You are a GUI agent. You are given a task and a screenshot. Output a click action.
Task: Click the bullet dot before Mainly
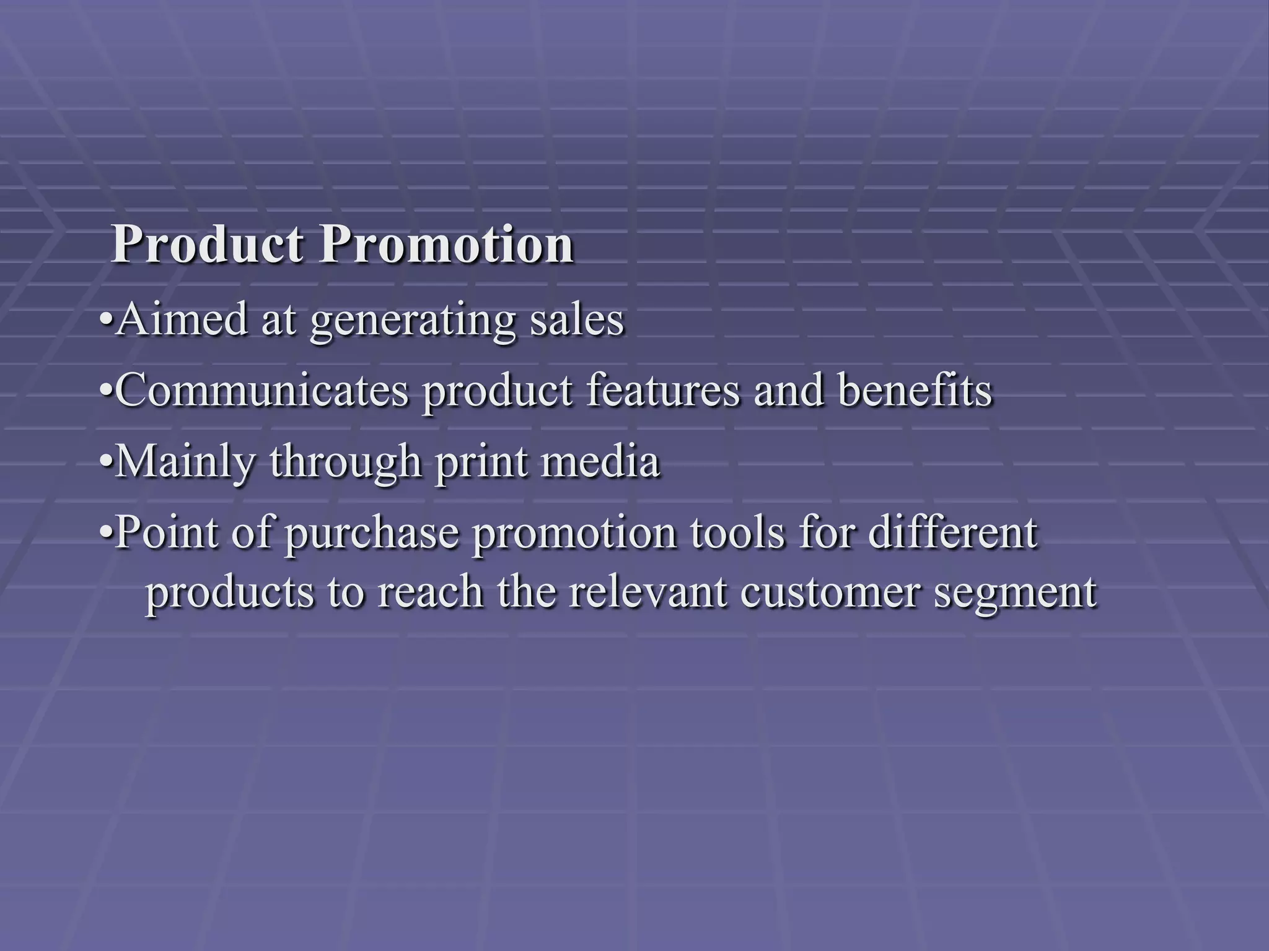click(x=106, y=463)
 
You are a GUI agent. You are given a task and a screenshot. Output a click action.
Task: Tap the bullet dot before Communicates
click(x=106, y=391)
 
